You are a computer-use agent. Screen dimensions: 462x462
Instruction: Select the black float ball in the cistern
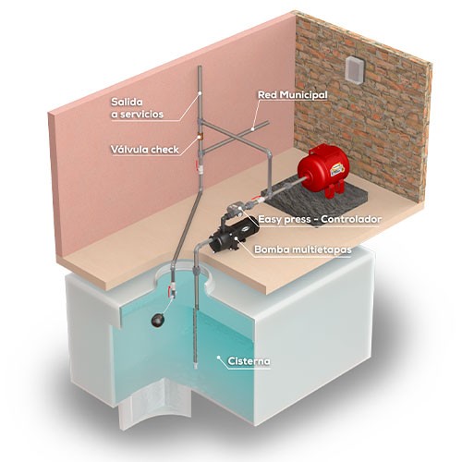tap(158, 320)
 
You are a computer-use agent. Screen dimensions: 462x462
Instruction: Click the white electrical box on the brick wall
tap(354, 70)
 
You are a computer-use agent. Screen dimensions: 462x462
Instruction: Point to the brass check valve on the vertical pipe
tap(201, 137)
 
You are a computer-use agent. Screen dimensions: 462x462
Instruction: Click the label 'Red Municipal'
tap(293, 95)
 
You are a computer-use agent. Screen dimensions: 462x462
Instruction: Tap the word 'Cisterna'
tap(249, 361)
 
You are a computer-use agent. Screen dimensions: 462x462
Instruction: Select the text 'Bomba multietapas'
tap(303, 249)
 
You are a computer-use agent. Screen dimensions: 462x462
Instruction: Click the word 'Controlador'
tap(351, 219)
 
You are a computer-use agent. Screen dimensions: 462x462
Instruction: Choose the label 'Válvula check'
tap(145, 150)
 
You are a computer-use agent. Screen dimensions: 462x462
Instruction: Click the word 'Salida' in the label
tap(127, 102)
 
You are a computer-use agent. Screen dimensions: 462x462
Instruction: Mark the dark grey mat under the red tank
tap(317, 196)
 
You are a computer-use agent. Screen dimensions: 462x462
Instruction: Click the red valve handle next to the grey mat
tap(255, 198)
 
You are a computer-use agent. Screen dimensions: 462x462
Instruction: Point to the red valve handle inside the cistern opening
tap(169, 290)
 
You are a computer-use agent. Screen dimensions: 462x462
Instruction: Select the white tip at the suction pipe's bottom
tap(196, 367)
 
